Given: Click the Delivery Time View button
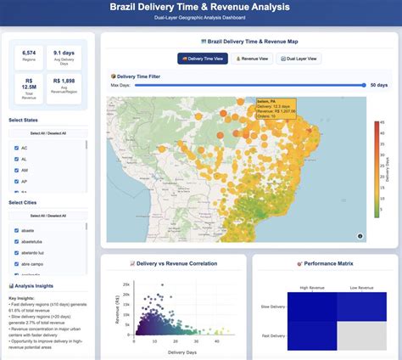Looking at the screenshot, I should [203, 59].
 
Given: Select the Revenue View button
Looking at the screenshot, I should [252, 59].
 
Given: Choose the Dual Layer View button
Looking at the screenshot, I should [299, 59].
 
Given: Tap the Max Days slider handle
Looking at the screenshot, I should [364, 85].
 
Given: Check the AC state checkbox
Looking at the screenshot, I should [16, 148].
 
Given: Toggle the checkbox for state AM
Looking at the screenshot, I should [16, 170].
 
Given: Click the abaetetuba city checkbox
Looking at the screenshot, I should [16, 241].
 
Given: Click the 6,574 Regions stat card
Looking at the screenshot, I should [28, 56].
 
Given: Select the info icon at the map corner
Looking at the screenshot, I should [360, 235].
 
